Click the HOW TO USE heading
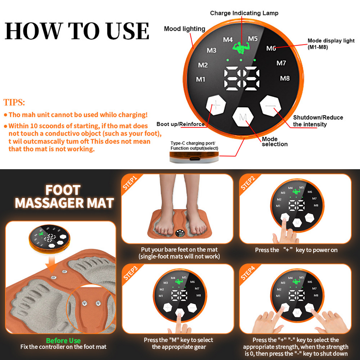[76, 31]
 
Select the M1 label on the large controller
[201, 80]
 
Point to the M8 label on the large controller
[285, 78]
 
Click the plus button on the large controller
[216, 106]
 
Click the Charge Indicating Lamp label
[244, 13]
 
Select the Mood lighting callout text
[184, 29]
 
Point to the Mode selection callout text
[274, 142]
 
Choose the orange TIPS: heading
[14, 103]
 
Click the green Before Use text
[63, 341]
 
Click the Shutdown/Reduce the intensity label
[318, 121]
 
